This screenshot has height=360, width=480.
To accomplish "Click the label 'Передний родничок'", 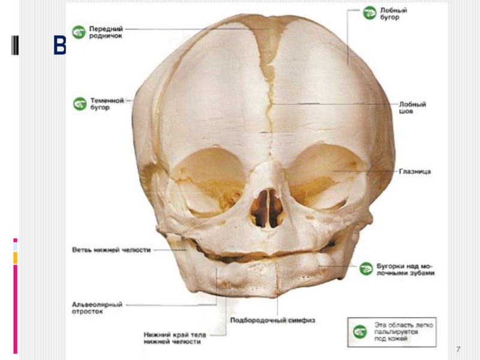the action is click(106, 32).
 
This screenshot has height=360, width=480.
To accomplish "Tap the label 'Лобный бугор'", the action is click(394, 14).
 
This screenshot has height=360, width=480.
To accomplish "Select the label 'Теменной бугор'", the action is click(107, 104).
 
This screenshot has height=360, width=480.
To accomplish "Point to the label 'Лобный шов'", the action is click(412, 107).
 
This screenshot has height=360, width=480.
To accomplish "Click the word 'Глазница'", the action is click(415, 172).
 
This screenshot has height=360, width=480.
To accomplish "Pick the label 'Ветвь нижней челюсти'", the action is click(111, 250).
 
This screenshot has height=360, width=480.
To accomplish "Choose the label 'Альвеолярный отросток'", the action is click(97, 308).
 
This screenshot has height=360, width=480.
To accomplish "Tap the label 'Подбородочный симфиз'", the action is click(273, 320).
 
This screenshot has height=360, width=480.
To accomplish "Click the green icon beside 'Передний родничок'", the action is click(79, 31).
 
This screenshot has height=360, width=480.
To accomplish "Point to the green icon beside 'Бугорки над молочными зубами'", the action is click(367, 268).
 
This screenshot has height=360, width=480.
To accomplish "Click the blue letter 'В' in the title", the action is click(59, 46).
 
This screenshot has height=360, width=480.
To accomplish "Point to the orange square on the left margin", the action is click(16, 258).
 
